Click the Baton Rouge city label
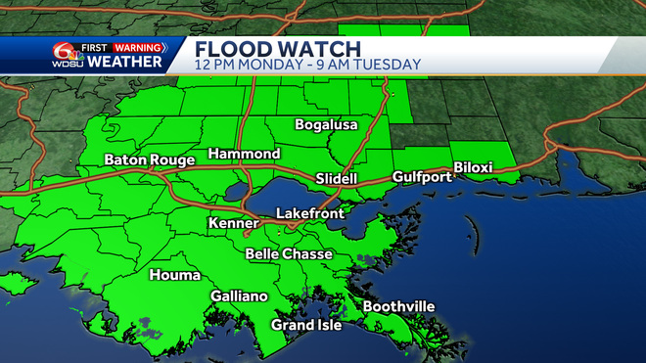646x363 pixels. (x=146, y=159)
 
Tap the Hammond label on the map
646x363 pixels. (x=245, y=155)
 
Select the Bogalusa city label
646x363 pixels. (x=327, y=125)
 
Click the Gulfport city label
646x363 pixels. (x=421, y=177)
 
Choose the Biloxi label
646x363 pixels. (x=473, y=168)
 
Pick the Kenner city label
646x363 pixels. (x=234, y=224)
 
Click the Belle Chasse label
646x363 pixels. (x=289, y=254)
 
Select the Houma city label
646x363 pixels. (x=174, y=276)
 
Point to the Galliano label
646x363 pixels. (x=240, y=296)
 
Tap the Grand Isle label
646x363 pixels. (x=306, y=325)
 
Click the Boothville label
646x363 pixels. (x=398, y=307)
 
